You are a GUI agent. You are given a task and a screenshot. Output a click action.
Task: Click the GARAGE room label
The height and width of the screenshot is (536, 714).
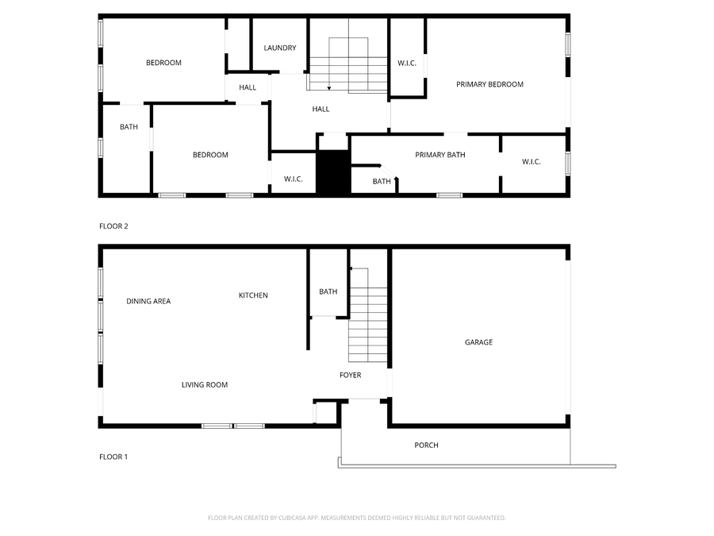pos(478,342)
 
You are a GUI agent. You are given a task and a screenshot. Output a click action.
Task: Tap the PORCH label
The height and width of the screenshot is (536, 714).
pos(426,445)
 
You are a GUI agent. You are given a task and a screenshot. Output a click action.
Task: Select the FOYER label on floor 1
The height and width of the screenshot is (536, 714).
pos(350,376)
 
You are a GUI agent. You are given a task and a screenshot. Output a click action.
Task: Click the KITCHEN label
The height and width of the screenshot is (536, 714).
pos(253,295)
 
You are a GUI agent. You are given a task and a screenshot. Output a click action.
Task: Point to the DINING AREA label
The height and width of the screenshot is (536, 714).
pos(148,302)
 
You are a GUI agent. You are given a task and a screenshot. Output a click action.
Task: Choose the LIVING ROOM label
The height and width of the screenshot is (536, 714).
pos(205,385)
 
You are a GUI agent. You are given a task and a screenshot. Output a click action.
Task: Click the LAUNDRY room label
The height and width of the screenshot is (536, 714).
pos(280,48)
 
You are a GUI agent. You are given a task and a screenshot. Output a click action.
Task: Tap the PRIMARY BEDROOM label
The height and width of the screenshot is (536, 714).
pos(489,84)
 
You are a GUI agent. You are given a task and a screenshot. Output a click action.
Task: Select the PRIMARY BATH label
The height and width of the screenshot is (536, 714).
pos(440,155)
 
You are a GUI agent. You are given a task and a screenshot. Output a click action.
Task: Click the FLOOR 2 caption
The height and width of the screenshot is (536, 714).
pos(113,226)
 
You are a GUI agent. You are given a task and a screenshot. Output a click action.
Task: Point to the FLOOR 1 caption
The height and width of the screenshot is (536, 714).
pos(113,457)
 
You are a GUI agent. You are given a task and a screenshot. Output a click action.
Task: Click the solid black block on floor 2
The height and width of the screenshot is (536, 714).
pos(333,172)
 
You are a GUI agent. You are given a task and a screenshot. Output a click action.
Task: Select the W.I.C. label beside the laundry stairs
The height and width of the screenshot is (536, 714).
pos(407,64)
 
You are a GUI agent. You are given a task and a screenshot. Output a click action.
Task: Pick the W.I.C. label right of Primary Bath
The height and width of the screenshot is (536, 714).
pos(532,162)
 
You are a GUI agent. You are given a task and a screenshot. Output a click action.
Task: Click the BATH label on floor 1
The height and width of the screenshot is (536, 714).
pos(328,292)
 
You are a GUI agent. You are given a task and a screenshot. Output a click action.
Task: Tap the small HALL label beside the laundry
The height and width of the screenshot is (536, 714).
pos(248,87)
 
